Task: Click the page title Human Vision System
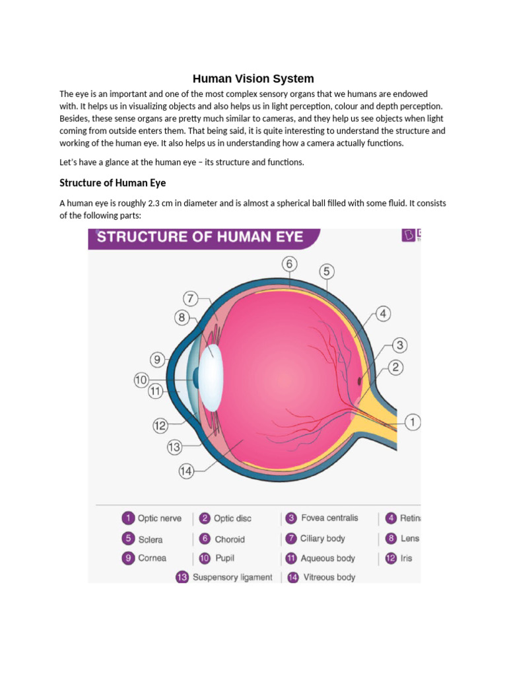pyautogui.click(x=253, y=79)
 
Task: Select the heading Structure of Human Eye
pyautogui.click(x=117, y=182)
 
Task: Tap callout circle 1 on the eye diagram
pyautogui.click(x=413, y=422)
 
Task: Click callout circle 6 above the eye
pyautogui.click(x=289, y=264)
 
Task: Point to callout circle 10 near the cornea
pyautogui.click(x=141, y=380)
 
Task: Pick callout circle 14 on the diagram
pyautogui.click(x=187, y=471)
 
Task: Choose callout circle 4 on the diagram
pyautogui.click(x=382, y=314)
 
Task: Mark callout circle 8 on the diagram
pyautogui.click(x=182, y=318)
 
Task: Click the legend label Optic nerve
pyautogui.click(x=159, y=519)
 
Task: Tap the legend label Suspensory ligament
pyautogui.click(x=232, y=577)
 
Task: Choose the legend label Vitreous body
pyautogui.click(x=329, y=577)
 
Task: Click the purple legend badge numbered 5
pyautogui.click(x=127, y=539)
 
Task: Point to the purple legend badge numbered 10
pyautogui.click(x=205, y=558)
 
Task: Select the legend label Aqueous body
pyautogui.click(x=327, y=558)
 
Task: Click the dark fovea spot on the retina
pyautogui.click(x=360, y=381)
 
